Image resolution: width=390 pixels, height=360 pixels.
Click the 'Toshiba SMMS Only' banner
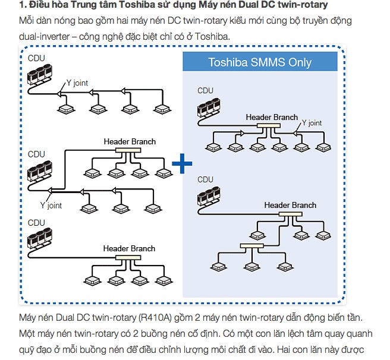point(260,62)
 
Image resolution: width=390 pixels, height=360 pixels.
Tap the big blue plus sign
point(182,162)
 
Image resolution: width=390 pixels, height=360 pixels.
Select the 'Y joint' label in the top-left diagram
point(77,83)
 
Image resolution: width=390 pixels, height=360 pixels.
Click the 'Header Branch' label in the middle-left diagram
point(130,141)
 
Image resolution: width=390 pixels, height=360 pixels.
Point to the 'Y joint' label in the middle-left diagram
point(51,206)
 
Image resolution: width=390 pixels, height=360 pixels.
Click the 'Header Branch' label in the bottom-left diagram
point(129,248)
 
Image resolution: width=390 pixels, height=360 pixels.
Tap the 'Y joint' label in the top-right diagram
point(312,124)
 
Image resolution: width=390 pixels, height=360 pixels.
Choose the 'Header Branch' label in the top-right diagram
point(272,117)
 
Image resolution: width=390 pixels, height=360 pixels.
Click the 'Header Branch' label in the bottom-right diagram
point(290,205)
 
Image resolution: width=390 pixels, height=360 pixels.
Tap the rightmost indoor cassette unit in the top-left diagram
point(159,109)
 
